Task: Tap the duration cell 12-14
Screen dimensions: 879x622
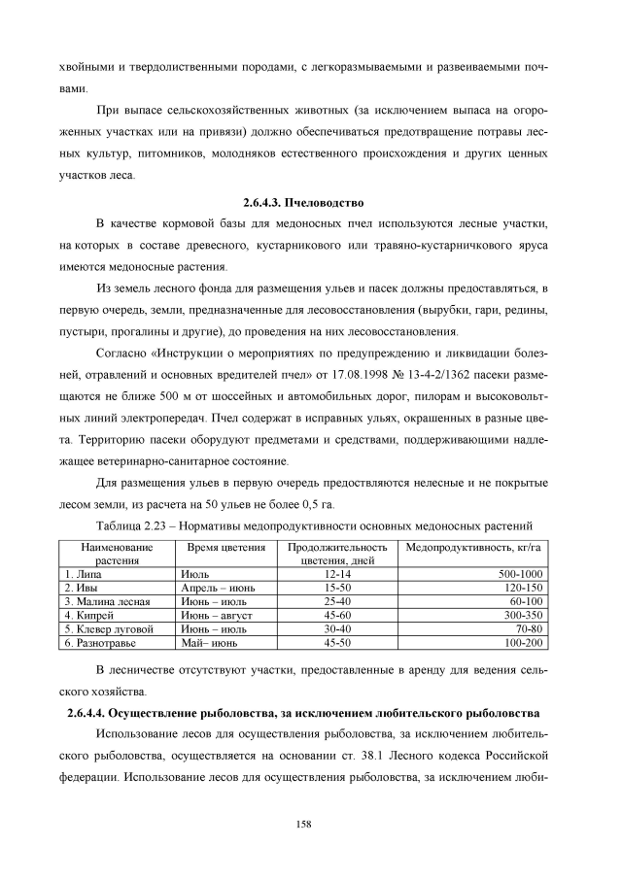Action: point(337,574)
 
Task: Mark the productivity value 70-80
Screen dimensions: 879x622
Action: point(526,628)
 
